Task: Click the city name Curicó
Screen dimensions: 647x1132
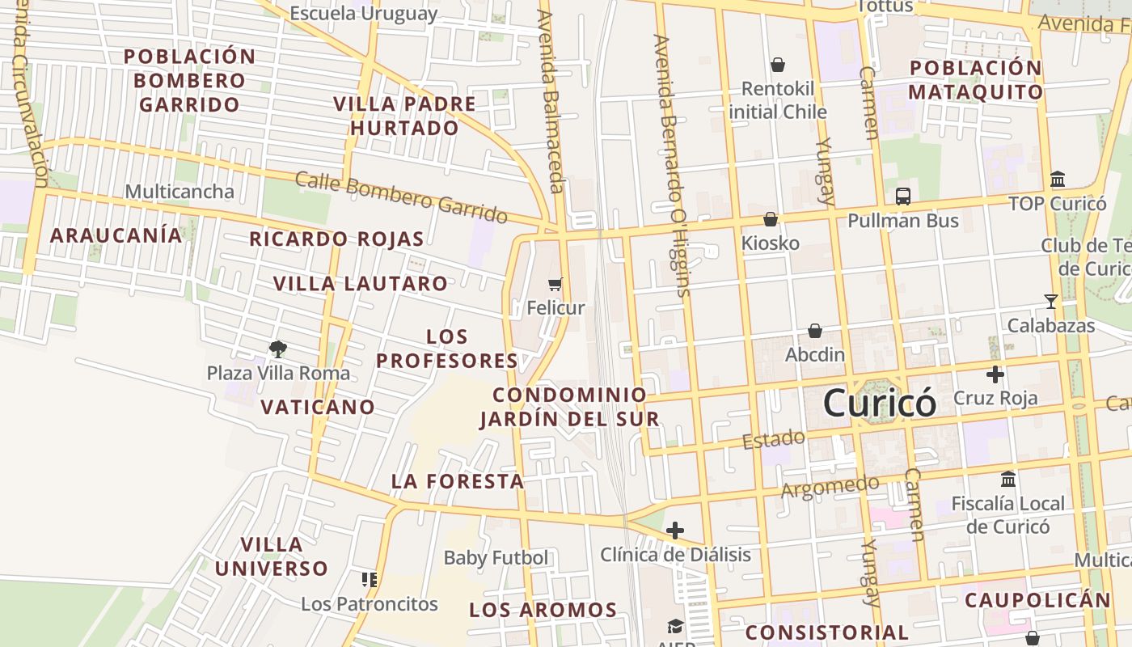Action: [x=880, y=403]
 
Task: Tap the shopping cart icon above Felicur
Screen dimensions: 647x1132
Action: [x=555, y=284]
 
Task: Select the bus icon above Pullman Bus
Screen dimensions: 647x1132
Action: [x=902, y=197]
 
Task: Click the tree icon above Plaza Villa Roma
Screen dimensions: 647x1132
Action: [x=278, y=349]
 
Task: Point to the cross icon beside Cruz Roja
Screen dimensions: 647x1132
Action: [x=995, y=374]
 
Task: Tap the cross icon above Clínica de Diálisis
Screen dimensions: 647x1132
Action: [x=675, y=531]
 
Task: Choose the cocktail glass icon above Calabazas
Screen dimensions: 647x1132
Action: [x=1050, y=302]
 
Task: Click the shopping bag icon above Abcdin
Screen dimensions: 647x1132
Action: [x=815, y=331]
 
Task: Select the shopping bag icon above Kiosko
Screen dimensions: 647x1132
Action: [x=771, y=219]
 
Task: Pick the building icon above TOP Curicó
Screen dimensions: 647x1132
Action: [x=1058, y=179]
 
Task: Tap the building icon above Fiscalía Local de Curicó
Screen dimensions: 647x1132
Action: [x=1007, y=479]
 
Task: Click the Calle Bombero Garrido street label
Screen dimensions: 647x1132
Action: [x=401, y=197]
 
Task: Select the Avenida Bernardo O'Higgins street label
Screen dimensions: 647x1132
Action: [x=672, y=165]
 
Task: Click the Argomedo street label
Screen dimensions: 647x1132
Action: [x=830, y=487]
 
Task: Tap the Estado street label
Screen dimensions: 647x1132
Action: [x=774, y=440]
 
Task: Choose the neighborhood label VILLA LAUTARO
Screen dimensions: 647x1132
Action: [x=360, y=284]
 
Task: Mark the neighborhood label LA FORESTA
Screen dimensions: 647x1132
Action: [x=458, y=481]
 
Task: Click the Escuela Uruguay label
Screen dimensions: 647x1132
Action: [x=363, y=14]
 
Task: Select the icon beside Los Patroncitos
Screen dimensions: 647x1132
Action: [x=370, y=579]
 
